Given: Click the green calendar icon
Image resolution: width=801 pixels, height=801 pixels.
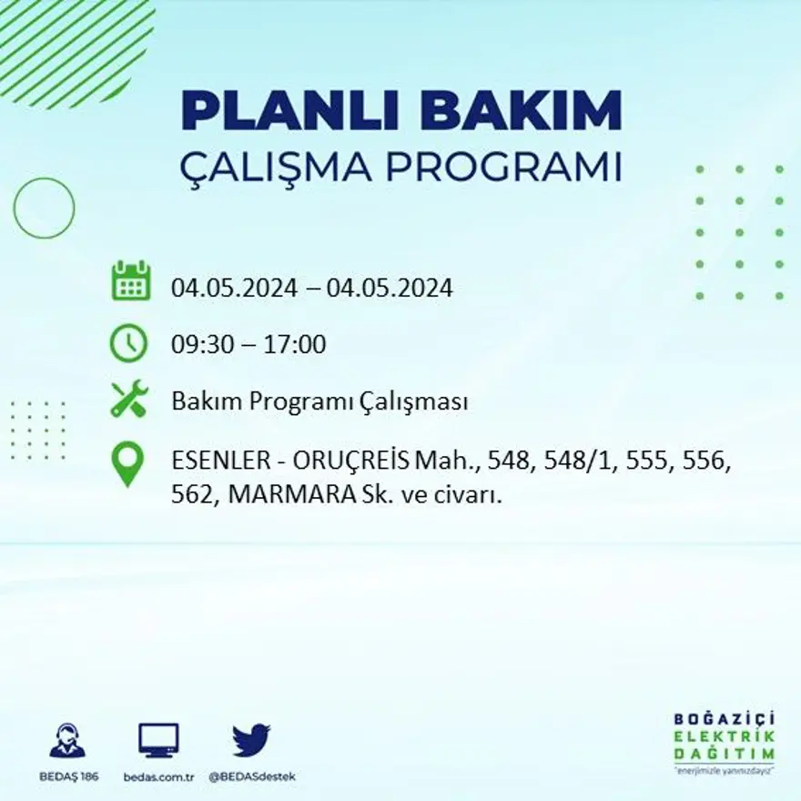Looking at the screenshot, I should (x=130, y=281).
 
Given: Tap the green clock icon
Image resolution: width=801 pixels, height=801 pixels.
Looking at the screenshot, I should (x=128, y=343).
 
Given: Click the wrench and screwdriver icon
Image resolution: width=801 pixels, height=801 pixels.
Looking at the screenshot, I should (x=128, y=400).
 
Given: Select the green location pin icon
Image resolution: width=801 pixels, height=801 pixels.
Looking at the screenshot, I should (x=127, y=462).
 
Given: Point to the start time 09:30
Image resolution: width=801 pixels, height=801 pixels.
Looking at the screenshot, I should (x=200, y=345).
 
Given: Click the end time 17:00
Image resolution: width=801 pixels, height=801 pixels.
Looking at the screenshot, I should (x=295, y=345).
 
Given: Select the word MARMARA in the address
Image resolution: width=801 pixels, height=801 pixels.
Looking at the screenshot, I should (x=284, y=497).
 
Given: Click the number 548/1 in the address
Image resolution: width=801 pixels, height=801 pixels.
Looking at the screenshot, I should (x=572, y=462).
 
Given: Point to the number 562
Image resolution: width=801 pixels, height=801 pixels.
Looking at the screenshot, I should (x=191, y=497).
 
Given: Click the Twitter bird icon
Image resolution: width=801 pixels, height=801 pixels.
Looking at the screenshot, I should (x=250, y=740).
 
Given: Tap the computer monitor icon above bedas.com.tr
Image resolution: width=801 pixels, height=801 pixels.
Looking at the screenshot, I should (x=158, y=740).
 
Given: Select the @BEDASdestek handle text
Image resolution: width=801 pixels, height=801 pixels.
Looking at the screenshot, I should (x=252, y=776).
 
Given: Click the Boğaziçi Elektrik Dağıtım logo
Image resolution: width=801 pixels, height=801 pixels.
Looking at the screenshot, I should (x=725, y=741).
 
